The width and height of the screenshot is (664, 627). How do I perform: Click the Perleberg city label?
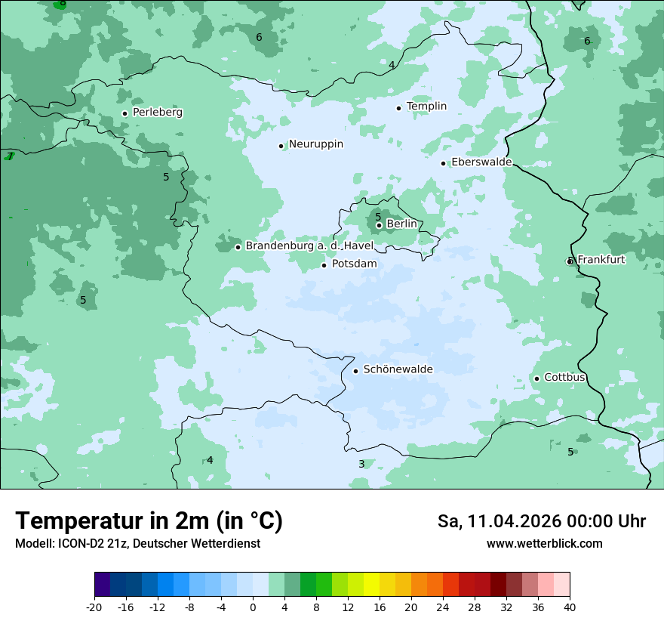[x=157, y=113]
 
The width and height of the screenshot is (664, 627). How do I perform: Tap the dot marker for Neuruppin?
[x=281, y=146]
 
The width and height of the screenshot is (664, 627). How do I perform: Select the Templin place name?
[x=426, y=107]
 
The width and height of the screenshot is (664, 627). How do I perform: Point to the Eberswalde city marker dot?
[x=444, y=163]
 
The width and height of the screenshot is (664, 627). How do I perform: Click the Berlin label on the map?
[x=401, y=224]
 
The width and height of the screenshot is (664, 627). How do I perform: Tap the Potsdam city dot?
[x=324, y=265]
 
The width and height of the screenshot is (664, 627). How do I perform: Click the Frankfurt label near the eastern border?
[x=601, y=260]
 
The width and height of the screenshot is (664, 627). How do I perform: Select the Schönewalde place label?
[x=398, y=369]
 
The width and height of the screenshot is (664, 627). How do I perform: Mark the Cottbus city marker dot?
[x=536, y=378]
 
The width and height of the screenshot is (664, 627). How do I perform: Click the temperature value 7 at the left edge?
[x=10, y=156]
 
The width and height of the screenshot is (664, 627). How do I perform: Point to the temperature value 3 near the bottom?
[x=361, y=464]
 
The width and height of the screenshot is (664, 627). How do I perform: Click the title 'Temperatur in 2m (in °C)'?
[x=149, y=520]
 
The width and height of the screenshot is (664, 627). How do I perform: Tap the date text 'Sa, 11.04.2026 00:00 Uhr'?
[x=541, y=521]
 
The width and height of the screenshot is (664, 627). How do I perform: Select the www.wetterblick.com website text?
[x=544, y=543]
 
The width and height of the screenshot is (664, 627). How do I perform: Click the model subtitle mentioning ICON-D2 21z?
[x=137, y=543]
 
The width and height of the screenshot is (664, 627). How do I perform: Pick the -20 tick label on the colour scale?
[x=94, y=607]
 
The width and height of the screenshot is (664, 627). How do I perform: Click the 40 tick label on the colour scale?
[x=570, y=607]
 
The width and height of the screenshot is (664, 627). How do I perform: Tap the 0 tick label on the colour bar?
[x=253, y=607]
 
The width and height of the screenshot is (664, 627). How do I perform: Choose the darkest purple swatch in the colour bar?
[x=103, y=585]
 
